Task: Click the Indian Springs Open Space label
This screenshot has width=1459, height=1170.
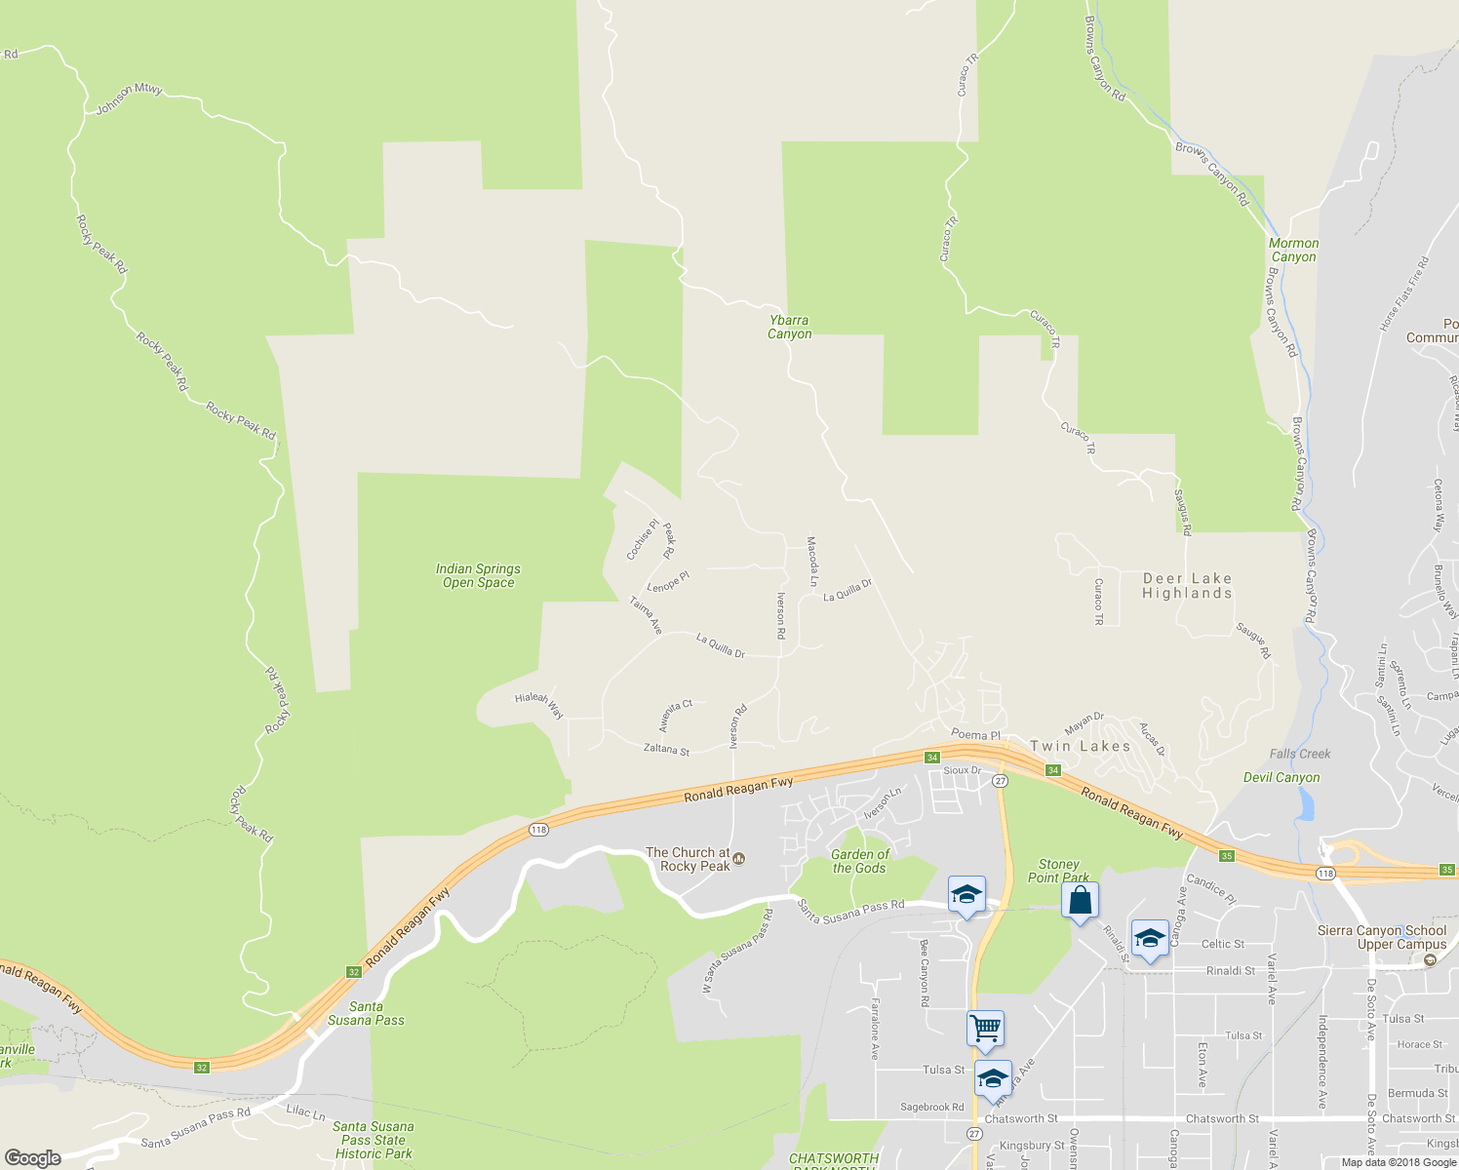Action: click(x=478, y=576)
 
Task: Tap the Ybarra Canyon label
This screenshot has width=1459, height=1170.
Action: click(x=789, y=327)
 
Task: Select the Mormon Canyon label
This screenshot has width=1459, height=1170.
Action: click(x=1293, y=251)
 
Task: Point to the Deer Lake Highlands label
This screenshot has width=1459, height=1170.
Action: click(x=1187, y=586)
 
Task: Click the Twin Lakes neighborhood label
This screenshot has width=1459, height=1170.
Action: click(x=1080, y=746)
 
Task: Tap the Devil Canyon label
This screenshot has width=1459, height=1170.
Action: click(x=1282, y=777)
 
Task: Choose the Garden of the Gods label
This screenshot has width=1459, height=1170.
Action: click(x=859, y=861)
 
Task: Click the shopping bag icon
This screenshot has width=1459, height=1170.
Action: click(x=1080, y=900)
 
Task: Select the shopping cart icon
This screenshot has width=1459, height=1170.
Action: click(x=985, y=1027)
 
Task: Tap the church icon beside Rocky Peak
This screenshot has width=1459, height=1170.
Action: click(x=739, y=859)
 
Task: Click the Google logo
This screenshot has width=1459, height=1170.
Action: click(x=33, y=1157)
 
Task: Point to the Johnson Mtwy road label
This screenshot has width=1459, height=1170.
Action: click(x=129, y=99)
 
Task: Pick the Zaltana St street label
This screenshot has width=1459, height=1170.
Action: click(x=666, y=750)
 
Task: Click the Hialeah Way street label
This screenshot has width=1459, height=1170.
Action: click(x=539, y=705)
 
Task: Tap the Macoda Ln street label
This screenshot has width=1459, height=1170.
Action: click(x=811, y=561)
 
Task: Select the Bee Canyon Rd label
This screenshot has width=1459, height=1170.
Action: click(x=924, y=973)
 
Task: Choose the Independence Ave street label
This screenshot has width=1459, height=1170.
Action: click(x=1323, y=1062)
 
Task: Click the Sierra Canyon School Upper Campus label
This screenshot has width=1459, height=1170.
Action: click(x=1382, y=937)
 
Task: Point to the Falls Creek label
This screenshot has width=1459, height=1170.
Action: click(x=1300, y=754)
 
